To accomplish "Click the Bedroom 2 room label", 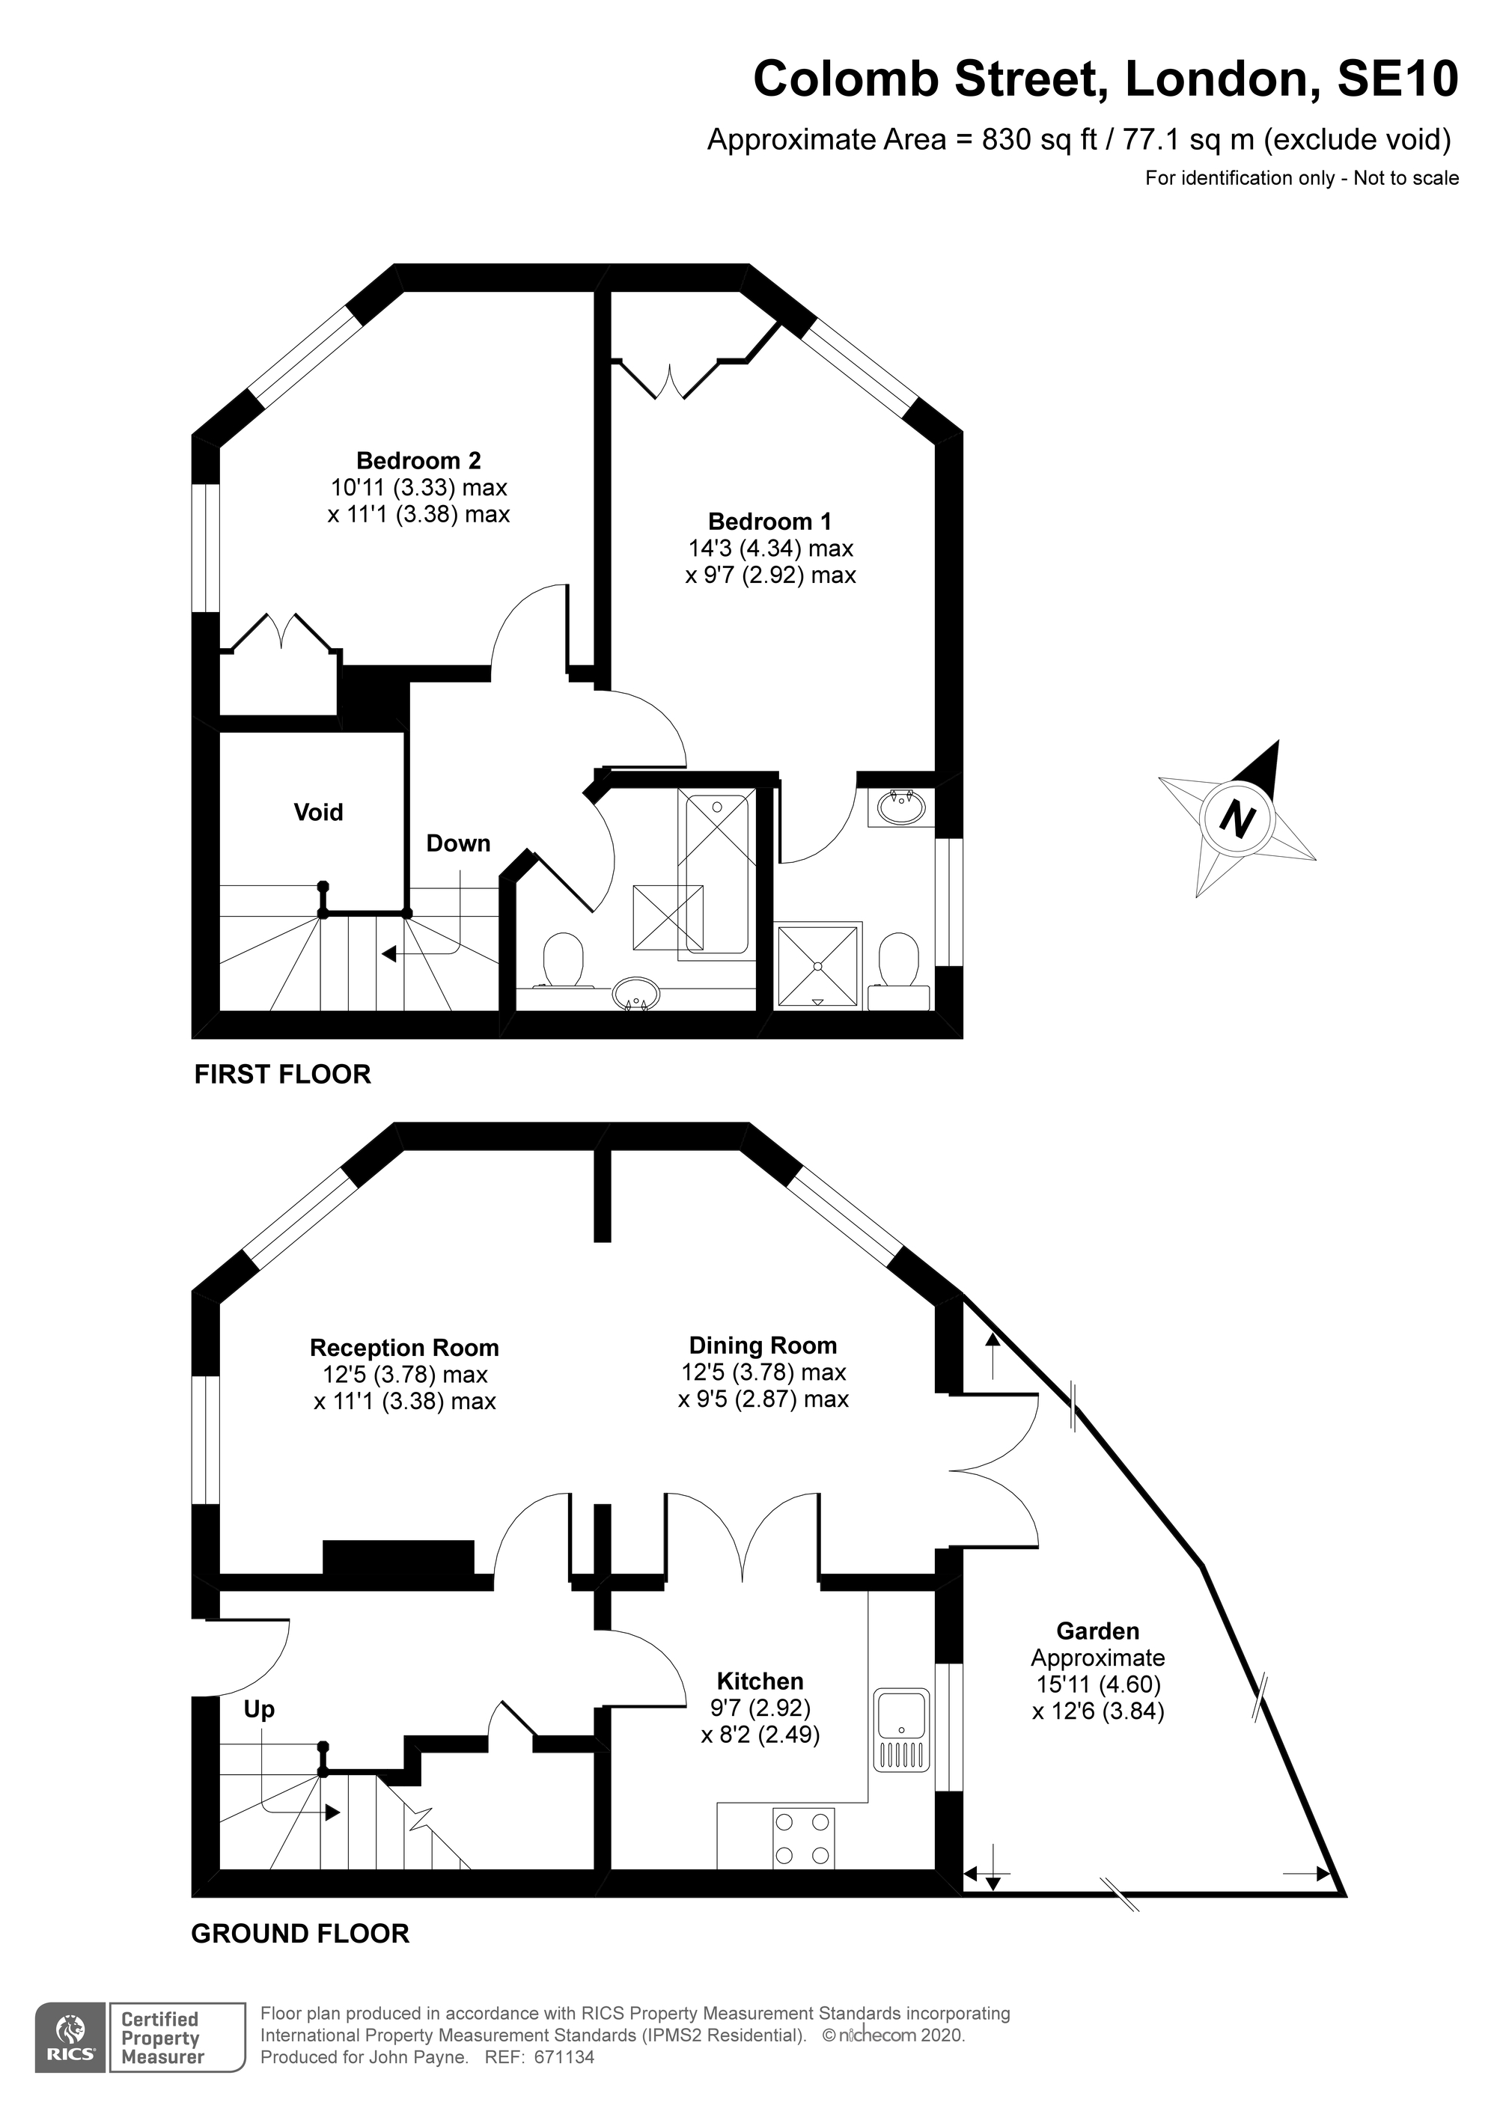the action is point(418,460).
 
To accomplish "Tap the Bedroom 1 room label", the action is point(769,521).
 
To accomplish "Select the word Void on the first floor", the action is point(318,813).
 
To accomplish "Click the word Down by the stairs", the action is point(457,843).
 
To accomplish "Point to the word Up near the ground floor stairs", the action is point(259,1709).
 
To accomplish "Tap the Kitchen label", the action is point(760,1681).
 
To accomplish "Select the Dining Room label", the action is point(763,1345).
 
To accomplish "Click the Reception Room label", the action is point(404,1348).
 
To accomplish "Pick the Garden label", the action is point(1097,1631).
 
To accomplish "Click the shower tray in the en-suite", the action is point(819,965).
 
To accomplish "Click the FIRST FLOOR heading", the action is point(282,1074).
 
